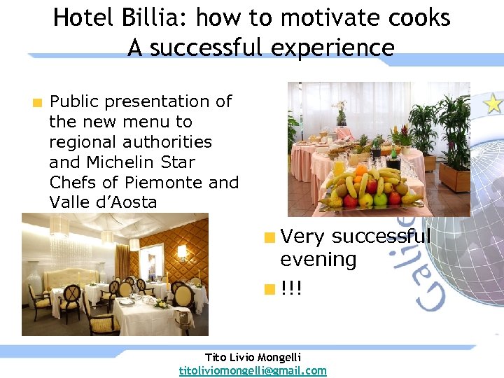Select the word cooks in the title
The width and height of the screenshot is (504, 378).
pyautogui.click(x=417, y=17)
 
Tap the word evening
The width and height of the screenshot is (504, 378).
pyautogui.click(x=318, y=260)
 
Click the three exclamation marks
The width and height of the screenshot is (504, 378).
pyautogui.click(x=291, y=288)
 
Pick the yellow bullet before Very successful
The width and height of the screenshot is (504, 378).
pyautogui.click(x=268, y=237)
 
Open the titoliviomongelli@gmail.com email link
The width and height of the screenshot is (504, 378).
pyautogui.click(x=253, y=370)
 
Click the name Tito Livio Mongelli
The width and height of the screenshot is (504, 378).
pyautogui.click(x=253, y=357)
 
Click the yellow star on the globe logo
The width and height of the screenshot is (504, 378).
pyautogui.click(x=494, y=104)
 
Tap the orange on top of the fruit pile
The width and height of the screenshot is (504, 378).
pyautogui.click(x=361, y=170)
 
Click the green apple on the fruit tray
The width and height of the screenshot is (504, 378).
pyautogui.click(x=381, y=200)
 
